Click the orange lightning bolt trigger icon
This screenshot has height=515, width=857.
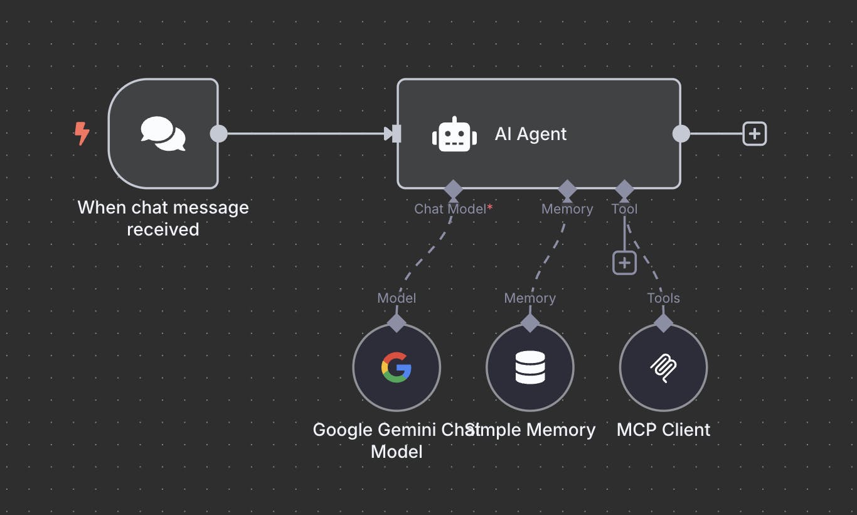click(x=82, y=133)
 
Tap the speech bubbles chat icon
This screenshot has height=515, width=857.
click(x=163, y=133)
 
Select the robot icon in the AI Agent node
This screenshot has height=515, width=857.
click(x=454, y=134)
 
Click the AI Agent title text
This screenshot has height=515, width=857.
click(x=530, y=134)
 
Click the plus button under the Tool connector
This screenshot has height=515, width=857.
click(x=624, y=263)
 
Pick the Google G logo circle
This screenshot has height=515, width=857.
click(x=397, y=367)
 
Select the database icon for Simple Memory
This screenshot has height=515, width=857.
click(x=530, y=367)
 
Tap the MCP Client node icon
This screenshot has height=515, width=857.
click(x=663, y=367)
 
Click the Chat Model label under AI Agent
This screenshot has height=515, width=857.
click(x=450, y=209)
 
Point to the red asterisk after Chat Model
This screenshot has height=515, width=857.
click(x=490, y=207)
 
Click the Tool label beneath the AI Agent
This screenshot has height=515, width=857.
click(x=624, y=209)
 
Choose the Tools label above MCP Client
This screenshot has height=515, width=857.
click(x=663, y=298)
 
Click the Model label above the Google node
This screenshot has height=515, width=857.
click(x=397, y=298)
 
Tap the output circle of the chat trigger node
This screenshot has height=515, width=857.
click(x=218, y=134)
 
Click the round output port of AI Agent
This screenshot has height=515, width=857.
click(x=681, y=134)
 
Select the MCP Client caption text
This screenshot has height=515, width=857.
click(x=663, y=430)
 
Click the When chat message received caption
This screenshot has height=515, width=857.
click(x=163, y=218)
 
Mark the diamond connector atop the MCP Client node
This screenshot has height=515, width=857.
click(x=663, y=323)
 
